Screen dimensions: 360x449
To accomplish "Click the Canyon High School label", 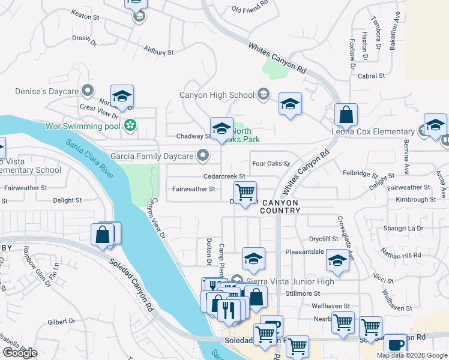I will point(217,95).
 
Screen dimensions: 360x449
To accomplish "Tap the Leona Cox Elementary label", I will point(373,131).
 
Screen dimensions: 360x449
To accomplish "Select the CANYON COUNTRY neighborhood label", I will point(280,206).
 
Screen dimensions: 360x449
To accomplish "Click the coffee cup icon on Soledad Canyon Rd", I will point(395,344).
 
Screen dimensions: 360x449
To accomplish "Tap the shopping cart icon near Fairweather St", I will point(245,193).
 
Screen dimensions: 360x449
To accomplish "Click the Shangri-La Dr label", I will point(403,228).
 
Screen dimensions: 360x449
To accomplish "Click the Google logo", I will point(20,353).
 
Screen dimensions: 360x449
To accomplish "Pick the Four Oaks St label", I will point(271,163).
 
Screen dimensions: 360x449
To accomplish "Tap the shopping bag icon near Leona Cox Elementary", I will point(346,113).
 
